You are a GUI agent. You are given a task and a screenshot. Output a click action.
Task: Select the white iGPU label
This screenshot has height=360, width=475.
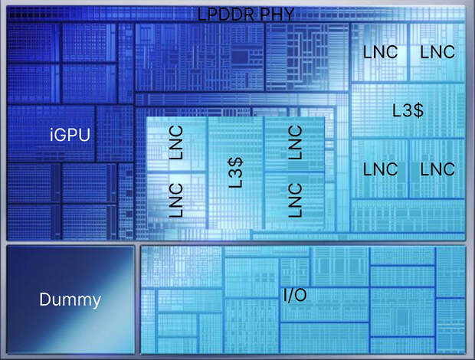(x=70, y=135)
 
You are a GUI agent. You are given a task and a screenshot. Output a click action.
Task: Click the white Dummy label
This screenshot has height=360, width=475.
(x=70, y=299)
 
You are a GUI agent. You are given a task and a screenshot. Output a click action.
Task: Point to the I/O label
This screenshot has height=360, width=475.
(x=295, y=295)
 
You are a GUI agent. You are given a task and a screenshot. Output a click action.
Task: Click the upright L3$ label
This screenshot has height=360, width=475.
(x=408, y=110)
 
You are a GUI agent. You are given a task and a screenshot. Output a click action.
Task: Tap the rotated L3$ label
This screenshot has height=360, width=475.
(x=236, y=172)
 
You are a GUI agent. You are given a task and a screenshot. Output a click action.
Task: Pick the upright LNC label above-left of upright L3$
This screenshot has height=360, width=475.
(x=380, y=52)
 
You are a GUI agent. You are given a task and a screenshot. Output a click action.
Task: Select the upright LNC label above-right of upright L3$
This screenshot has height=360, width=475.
(x=437, y=52)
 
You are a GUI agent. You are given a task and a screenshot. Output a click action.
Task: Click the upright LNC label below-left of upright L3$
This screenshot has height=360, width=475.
(x=380, y=169)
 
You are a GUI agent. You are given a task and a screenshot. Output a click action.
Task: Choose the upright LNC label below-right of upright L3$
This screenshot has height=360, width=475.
(x=437, y=169)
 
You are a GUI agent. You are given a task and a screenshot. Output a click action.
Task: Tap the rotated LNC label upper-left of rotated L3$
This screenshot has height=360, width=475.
(x=176, y=142)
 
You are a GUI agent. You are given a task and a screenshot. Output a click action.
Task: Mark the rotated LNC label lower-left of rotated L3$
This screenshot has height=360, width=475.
(x=176, y=200)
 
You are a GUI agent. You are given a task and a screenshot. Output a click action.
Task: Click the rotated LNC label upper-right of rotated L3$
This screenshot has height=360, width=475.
(x=295, y=142)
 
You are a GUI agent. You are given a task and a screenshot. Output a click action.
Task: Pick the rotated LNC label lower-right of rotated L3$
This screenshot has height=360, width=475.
(x=295, y=200)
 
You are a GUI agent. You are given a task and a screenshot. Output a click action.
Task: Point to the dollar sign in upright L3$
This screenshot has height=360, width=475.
(x=418, y=110)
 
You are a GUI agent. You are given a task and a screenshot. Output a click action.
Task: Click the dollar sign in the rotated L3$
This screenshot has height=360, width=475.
(x=236, y=162)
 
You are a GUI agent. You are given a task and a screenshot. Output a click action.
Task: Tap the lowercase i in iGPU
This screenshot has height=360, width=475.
(x=52, y=135)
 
